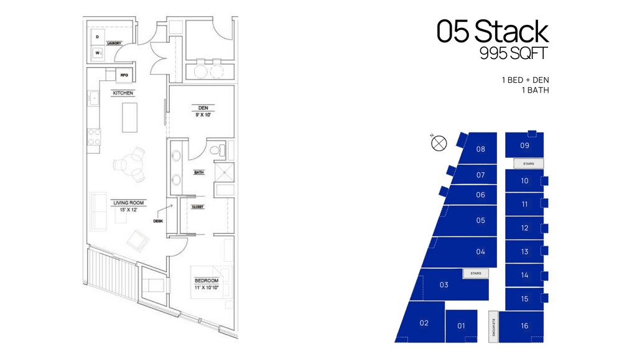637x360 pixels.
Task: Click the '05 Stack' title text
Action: pyautogui.click(x=492, y=32)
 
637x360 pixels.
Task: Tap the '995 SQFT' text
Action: pyautogui.click(x=513, y=54)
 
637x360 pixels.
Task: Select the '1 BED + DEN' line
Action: pyautogui.click(x=525, y=80)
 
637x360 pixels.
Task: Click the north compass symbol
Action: pyautogui.click(x=439, y=143)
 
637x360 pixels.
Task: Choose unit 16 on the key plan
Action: pyautogui.click(x=524, y=326)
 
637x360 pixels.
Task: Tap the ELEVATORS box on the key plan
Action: pyautogui.click(x=493, y=326)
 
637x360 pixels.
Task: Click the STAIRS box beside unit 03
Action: pyautogui.click(x=476, y=273)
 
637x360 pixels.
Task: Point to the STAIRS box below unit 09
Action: pyautogui.click(x=528, y=164)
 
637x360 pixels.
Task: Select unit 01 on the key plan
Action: pyautogui.click(x=461, y=325)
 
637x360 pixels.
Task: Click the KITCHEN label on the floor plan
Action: pyautogui.click(x=123, y=93)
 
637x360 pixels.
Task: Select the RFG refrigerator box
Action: pyautogui.click(x=124, y=75)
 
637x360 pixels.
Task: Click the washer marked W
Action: pyautogui.click(x=98, y=53)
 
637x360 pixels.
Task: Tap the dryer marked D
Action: pyautogui.click(x=98, y=37)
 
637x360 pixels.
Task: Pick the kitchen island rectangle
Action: pyautogui.click(x=130, y=117)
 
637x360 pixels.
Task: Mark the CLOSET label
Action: pyautogui.click(x=198, y=207)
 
